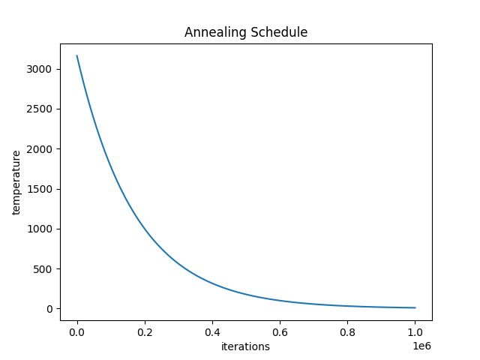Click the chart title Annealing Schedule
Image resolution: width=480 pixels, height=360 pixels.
tap(246, 32)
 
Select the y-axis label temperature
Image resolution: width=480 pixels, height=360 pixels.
tap(16, 182)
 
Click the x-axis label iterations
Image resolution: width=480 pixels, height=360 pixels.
tap(245, 346)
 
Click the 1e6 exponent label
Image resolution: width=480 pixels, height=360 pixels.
tap(422, 346)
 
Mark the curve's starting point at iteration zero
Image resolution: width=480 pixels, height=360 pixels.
tap(76, 55)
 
